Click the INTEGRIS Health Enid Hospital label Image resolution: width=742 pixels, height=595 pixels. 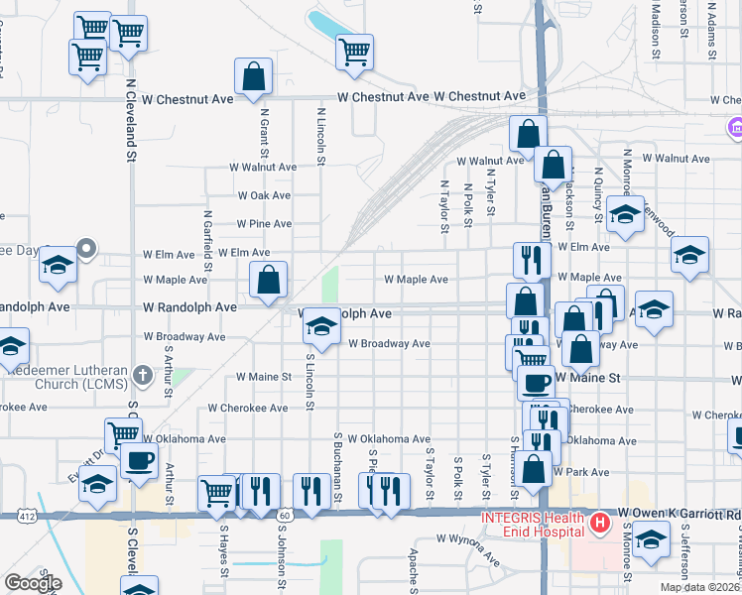coord(531,525)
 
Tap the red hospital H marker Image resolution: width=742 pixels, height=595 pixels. coord(599,522)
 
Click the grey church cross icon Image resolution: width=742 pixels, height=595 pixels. coord(143,376)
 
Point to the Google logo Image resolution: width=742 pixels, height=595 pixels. coord(32,583)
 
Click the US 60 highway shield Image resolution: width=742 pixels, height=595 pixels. coord(286,515)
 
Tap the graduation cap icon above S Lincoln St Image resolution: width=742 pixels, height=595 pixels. coord(321,325)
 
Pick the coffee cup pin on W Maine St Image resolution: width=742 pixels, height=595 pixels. coord(537,381)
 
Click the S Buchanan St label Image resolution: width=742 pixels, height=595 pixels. coord(338,466)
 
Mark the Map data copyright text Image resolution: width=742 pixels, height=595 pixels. coord(702,587)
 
